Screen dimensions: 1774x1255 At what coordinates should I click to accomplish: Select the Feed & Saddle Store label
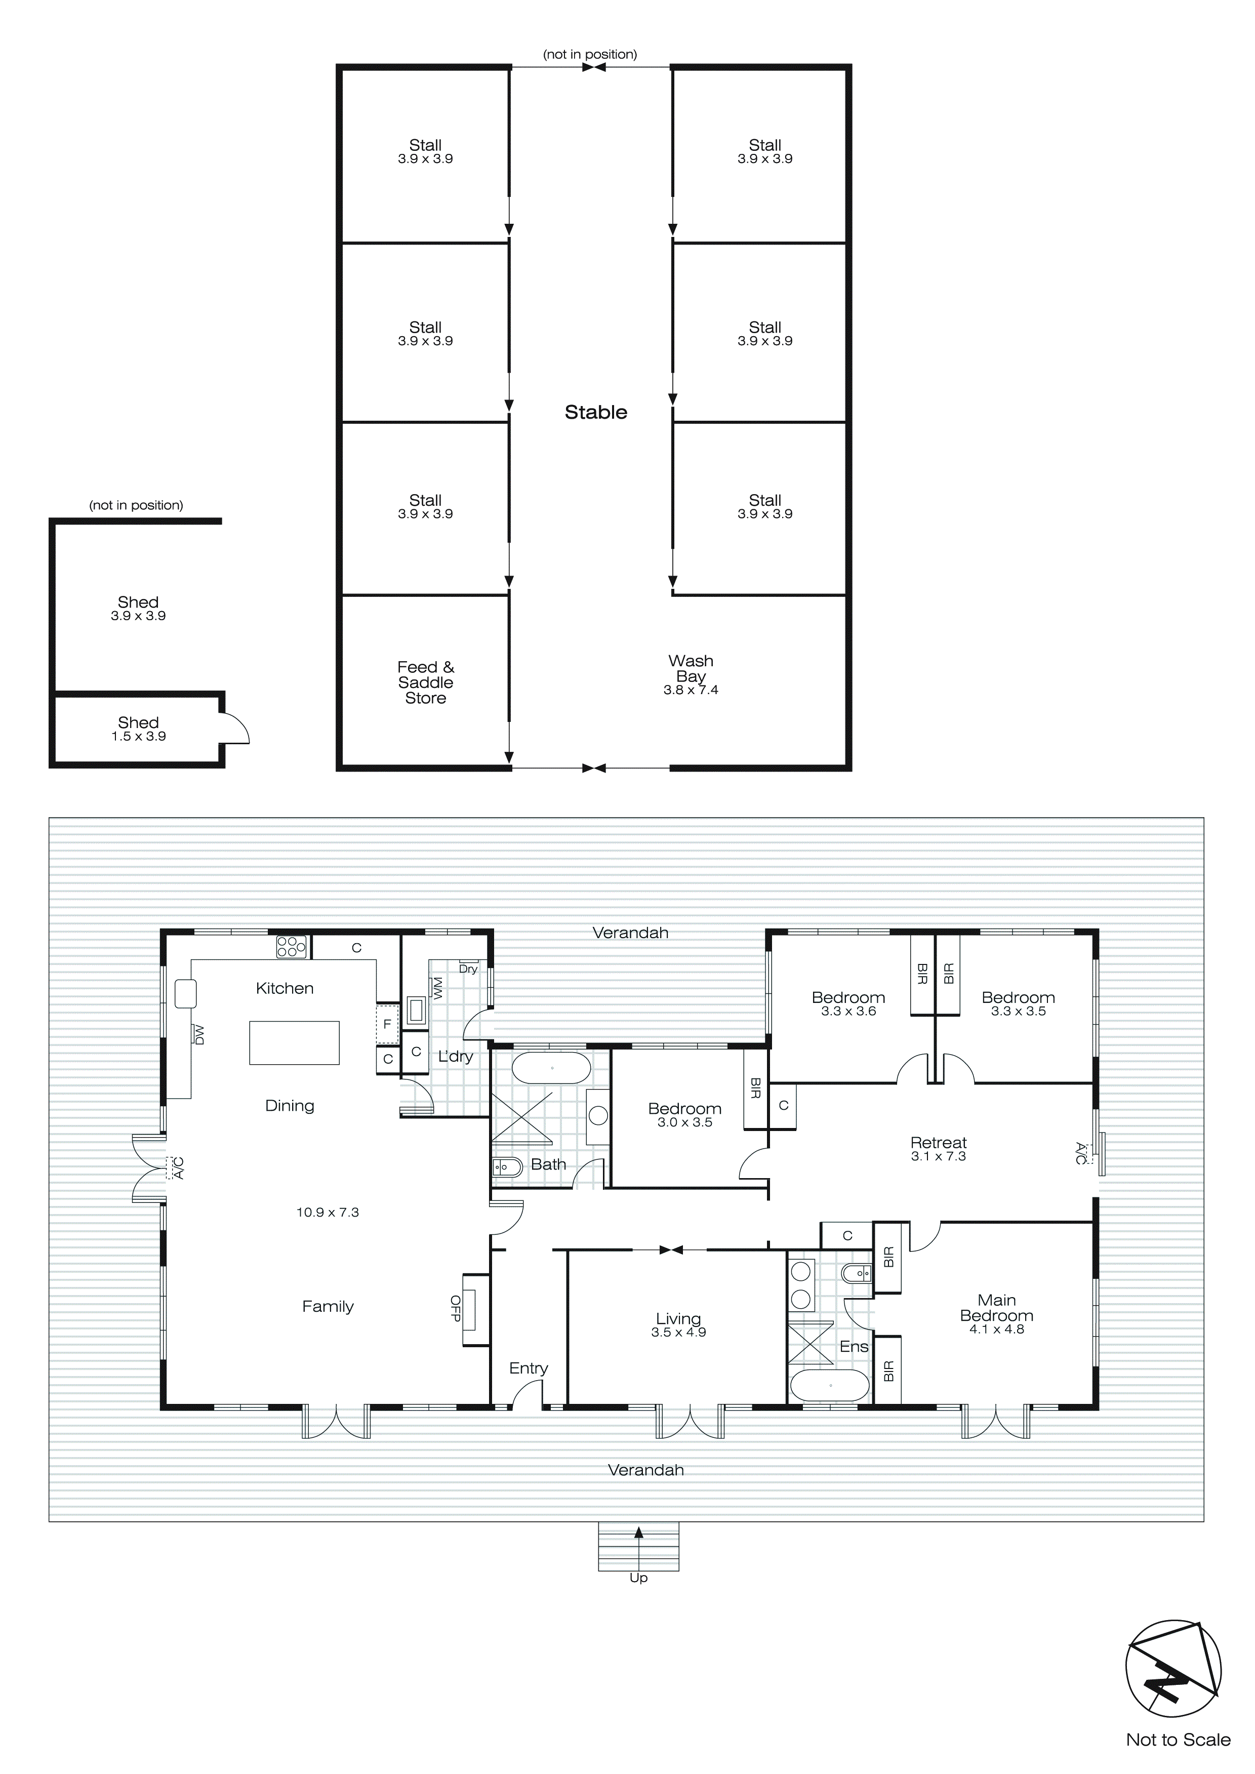coord(425,682)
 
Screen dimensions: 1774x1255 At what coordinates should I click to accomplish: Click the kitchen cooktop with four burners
coord(291,947)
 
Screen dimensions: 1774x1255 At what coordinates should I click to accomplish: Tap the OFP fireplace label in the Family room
coord(455,1308)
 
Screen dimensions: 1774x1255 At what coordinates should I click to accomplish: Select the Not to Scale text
coord(1178,1740)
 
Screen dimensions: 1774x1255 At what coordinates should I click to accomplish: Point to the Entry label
coord(528,1368)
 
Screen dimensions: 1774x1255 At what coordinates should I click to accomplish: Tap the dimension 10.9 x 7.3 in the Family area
coord(328,1213)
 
